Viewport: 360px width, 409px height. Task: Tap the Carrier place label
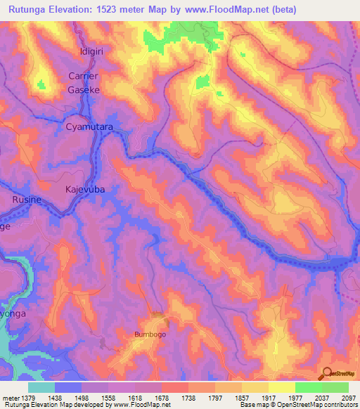point(84,76)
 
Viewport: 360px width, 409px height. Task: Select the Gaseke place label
point(84,89)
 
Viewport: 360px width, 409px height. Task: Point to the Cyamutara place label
point(89,127)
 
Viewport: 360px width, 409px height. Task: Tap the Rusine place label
point(28,200)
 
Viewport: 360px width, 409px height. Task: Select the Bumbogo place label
point(150,335)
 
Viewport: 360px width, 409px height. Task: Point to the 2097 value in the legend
point(347,397)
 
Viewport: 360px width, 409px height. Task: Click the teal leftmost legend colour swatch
point(41,387)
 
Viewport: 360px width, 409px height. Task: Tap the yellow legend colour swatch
point(282,387)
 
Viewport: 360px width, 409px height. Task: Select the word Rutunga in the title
point(30,9)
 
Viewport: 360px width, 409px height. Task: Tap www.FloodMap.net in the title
point(226,9)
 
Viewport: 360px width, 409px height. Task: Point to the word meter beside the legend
point(11,397)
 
